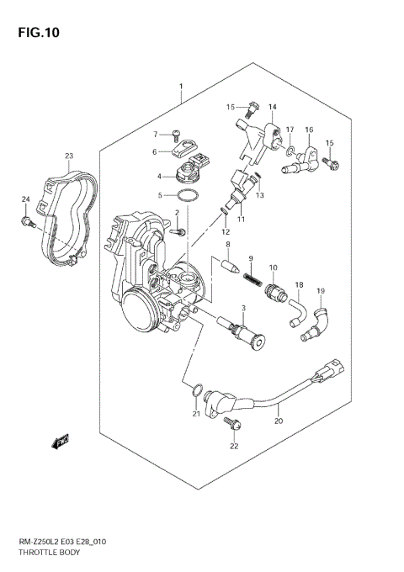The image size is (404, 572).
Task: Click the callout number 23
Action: pyautogui.click(x=69, y=156)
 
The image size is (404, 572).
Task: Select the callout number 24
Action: pyautogui.click(x=25, y=199)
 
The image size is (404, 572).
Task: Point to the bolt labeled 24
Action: pyautogui.click(x=27, y=222)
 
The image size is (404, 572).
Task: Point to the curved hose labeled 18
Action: pyautogui.click(x=298, y=313)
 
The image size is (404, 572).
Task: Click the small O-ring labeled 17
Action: pyautogui.click(x=290, y=151)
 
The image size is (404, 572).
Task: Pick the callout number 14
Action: pyautogui.click(x=273, y=108)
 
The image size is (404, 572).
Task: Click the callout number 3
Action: pyautogui.click(x=243, y=310)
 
